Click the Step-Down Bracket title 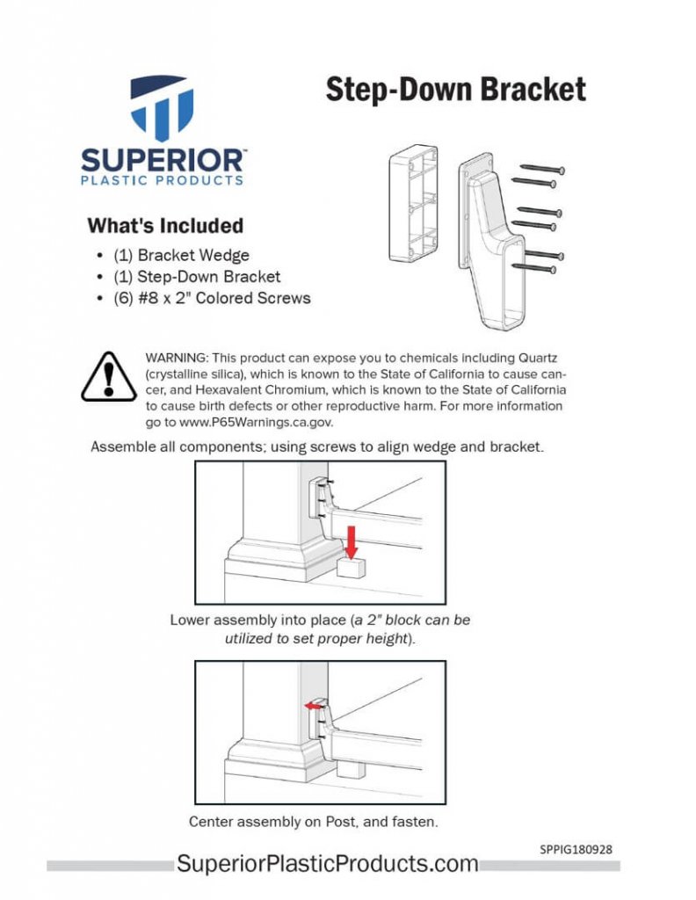click(455, 89)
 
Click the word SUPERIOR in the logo click(163, 161)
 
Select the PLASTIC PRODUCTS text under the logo click(163, 181)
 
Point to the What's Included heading click(165, 226)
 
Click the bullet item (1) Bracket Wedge click(181, 256)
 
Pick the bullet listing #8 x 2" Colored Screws click(212, 298)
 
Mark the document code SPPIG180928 click(576, 850)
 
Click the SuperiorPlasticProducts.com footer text click(328, 864)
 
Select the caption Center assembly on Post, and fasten click(313, 823)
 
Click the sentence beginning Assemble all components click(317, 446)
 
